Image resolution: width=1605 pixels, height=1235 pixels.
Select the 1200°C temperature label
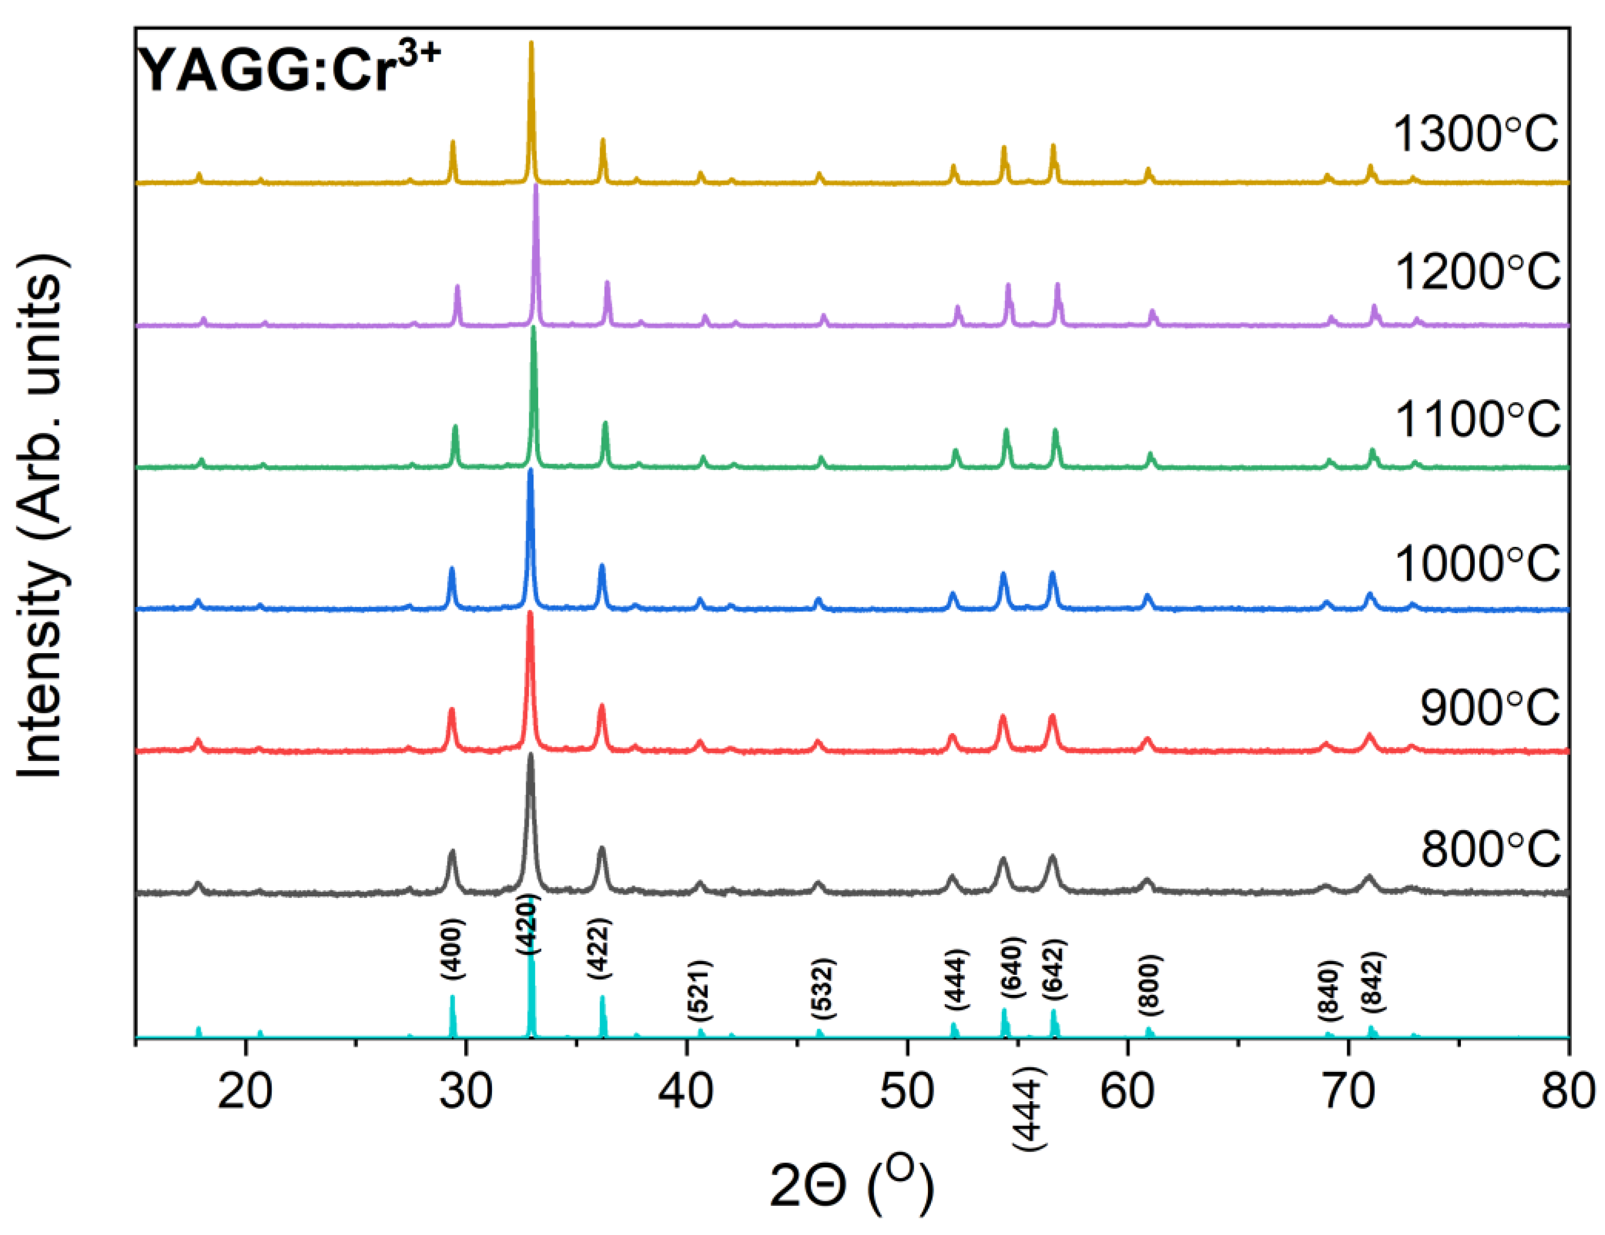(x=1477, y=271)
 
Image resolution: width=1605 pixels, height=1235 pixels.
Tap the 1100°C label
(x=1477, y=419)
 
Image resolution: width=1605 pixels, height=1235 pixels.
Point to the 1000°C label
(x=1477, y=564)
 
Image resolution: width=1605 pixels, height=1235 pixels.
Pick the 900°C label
(x=1490, y=708)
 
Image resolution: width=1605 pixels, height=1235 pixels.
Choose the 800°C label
(x=1490, y=850)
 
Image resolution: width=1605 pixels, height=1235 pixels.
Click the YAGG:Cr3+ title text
(x=290, y=70)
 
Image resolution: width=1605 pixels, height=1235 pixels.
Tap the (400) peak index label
(x=452, y=949)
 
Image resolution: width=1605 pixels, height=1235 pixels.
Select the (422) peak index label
(x=599, y=948)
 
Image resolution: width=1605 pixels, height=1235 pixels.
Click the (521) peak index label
(x=700, y=990)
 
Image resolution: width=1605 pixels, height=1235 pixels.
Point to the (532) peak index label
(x=823, y=989)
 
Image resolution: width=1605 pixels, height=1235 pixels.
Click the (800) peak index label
(x=1148, y=982)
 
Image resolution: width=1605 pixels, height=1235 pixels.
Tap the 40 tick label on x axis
(x=686, y=1092)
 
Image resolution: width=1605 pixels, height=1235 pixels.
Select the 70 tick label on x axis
(x=1348, y=1092)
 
